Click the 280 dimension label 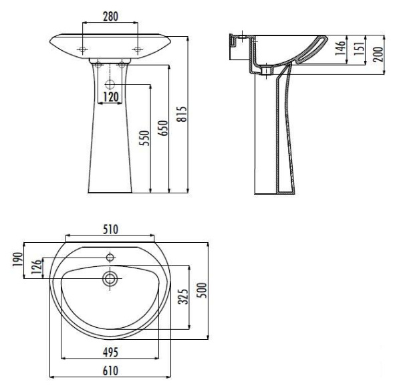click(x=110, y=17)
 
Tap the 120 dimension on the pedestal click(x=111, y=97)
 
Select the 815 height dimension click(x=182, y=114)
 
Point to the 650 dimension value click(x=163, y=128)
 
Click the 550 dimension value click(x=144, y=138)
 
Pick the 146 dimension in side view click(x=340, y=48)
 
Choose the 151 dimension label click(x=359, y=48)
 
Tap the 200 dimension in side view click(x=378, y=54)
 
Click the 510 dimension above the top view click(x=110, y=229)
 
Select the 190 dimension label click(x=17, y=260)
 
